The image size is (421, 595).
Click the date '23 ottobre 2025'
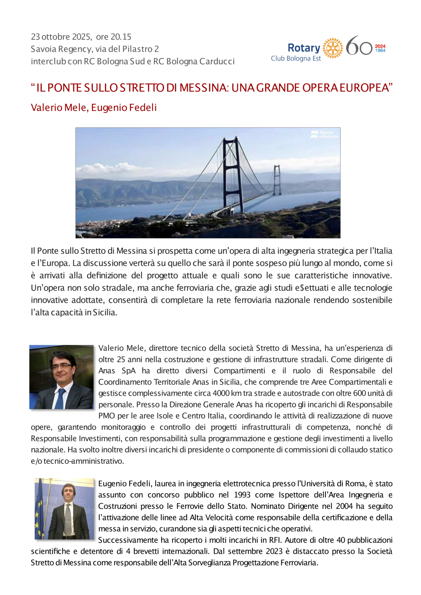tap(61, 37)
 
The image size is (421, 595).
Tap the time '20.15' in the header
tap(121, 37)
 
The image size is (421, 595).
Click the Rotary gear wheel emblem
tap(333, 48)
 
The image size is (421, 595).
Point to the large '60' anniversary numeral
tap(359, 46)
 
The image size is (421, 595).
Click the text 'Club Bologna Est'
tap(296, 58)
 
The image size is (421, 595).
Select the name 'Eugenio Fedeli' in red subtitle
tap(124, 108)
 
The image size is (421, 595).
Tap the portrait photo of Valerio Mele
tap(61, 377)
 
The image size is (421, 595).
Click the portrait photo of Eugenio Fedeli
tap(67, 509)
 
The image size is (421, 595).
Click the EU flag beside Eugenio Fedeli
tap(40, 509)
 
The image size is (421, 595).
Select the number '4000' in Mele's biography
tap(221, 393)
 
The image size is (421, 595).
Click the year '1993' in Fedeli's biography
tap(242, 495)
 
